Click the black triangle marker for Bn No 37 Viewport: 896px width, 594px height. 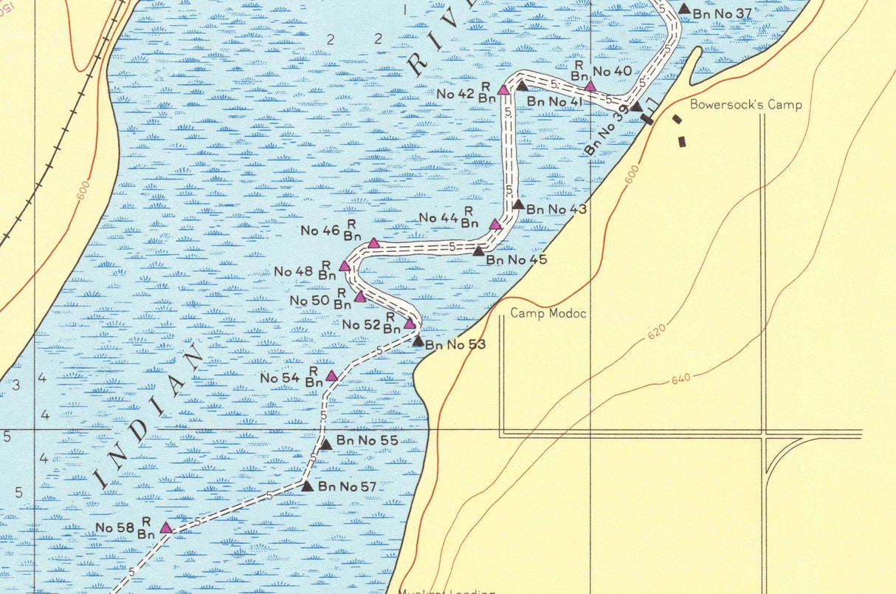click(x=684, y=10)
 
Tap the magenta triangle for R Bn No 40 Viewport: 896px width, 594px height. click(x=590, y=86)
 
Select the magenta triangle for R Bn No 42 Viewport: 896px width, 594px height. click(x=503, y=90)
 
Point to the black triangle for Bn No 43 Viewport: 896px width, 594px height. click(x=518, y=205)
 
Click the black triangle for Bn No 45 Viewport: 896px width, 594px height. click(x=478, y=251)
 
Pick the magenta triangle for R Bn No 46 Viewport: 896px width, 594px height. click(x=373, y=243)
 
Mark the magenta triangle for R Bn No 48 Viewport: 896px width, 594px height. click(x=345, y=266)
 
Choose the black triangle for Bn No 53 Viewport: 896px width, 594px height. click(x=418, y=341)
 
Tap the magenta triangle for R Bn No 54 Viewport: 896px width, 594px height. click(x=332, y=376)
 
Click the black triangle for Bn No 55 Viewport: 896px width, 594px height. click(x=325, y=444)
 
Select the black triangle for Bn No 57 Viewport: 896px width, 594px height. click(x=308, y=486)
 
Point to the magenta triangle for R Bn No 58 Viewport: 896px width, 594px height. click(x=166, y=528)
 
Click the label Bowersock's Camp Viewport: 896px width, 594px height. click(x=745, y=105)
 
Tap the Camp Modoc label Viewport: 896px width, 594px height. click(x=548, y=314)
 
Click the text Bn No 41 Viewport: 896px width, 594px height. click(x=554, y=101)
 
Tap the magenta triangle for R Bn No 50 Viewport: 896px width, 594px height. click(x=360, y=297)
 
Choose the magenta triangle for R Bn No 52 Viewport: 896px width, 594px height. click(x=410, y=324)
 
